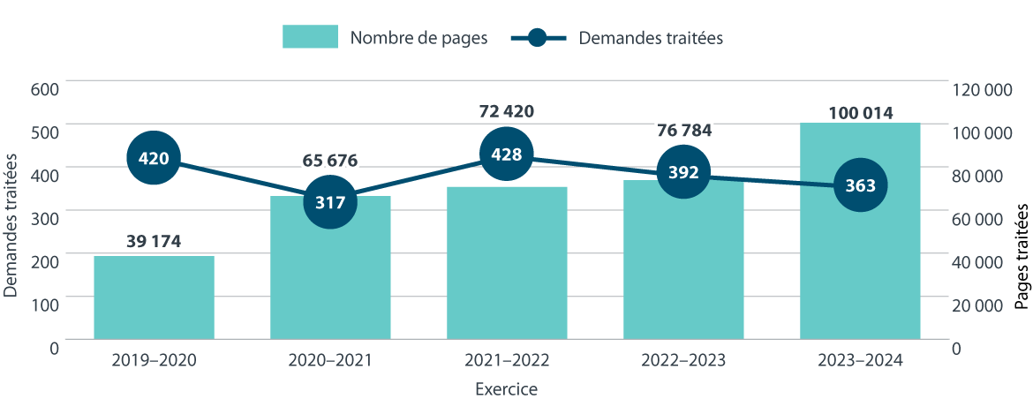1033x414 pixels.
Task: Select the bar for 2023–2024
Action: [860, 265]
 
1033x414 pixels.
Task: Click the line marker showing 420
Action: [154, 159]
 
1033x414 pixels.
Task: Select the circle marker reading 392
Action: [683, 172]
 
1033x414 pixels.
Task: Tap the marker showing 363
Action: [860, 185]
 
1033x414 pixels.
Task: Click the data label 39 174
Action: [154, 242]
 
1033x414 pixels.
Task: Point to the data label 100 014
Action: [860, 113]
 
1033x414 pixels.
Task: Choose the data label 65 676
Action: [330, 161]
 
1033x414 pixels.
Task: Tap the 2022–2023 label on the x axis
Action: [683, 360]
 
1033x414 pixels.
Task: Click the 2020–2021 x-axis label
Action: [330, 360]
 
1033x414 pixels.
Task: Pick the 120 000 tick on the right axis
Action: [982, 89]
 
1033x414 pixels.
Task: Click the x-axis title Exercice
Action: [506, 389]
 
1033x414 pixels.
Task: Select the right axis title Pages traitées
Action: [1022, 256]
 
